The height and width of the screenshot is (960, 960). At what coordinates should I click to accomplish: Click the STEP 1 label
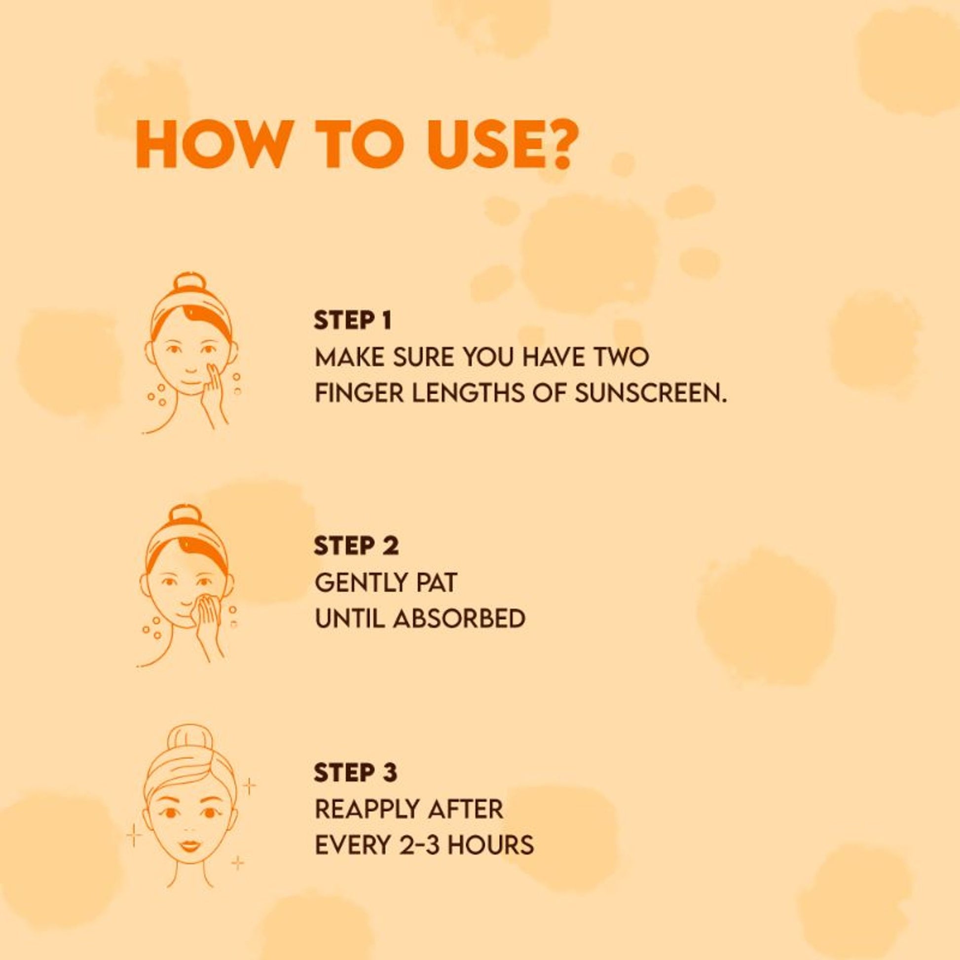pos(353,321)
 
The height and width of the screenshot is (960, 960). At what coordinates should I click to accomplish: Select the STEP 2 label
pos(356,546)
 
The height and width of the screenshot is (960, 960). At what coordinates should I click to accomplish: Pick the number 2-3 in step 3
pos(415,845)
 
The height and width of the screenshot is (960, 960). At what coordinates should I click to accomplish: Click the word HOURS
pos(485,845)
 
